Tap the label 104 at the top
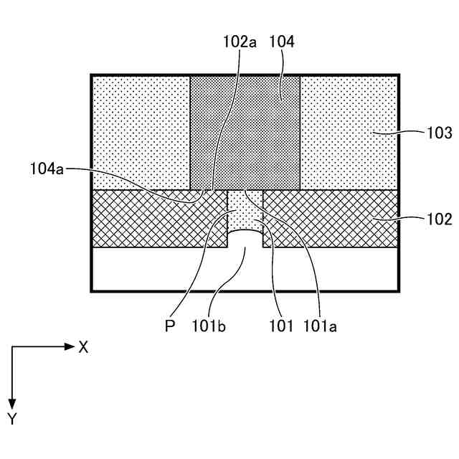tap(281, 42)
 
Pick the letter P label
tap(170, 326)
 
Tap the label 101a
tap(319, 326)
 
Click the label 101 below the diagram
tap(281, 326)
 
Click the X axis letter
tap(83, 347)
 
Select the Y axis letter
tap(11, 419)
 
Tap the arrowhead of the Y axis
tap(11, 403)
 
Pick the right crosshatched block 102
tap(330, 218)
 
